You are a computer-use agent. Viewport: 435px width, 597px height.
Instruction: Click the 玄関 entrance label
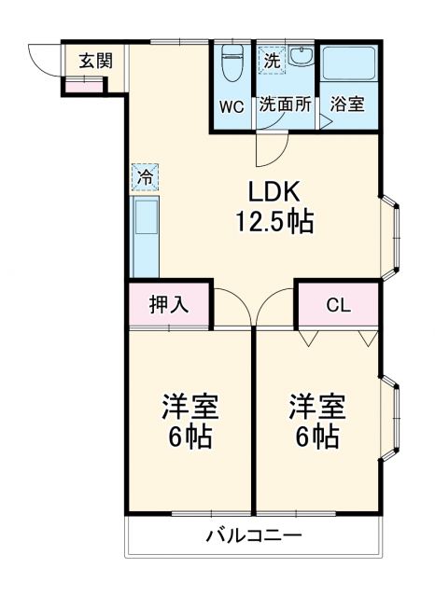click(94, 62)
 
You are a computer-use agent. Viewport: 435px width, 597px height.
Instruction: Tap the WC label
click(231, 106)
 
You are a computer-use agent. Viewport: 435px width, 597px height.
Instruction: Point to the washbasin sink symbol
click(301, 58)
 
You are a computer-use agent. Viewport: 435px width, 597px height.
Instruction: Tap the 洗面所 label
click(285, 106)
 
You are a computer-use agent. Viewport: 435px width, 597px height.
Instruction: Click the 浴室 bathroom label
click(347, 106)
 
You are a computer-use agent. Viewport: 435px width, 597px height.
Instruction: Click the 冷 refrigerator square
click(146, 176)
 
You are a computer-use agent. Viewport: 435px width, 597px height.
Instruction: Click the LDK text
click(273, 191)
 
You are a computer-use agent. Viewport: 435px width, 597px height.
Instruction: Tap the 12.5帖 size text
click(273, 222)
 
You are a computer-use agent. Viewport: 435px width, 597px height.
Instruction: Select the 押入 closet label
click(169, 305)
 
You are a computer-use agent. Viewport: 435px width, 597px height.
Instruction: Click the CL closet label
click(337, 305)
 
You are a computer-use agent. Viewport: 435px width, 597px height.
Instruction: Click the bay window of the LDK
click(392, 237)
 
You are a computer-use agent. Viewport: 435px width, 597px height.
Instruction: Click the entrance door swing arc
click(43, 61)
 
